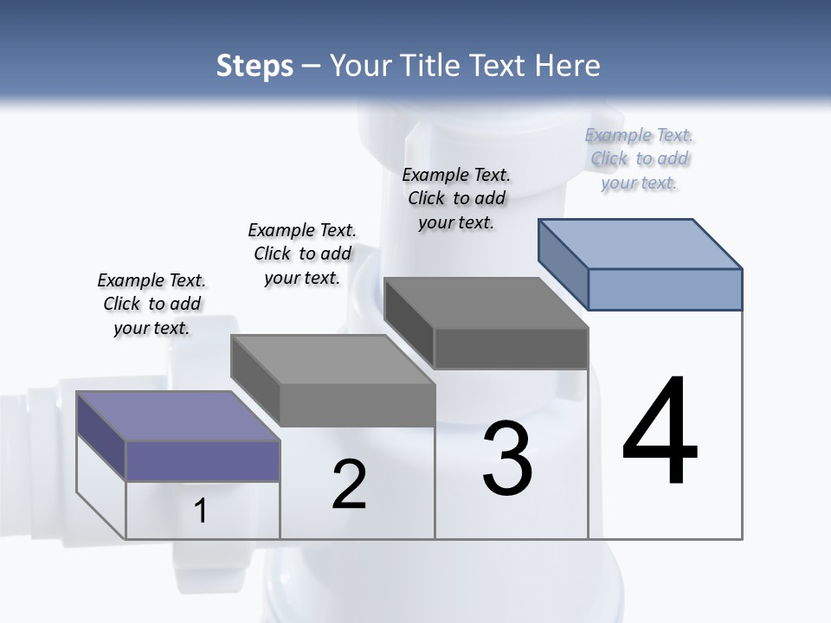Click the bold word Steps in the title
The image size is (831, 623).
click(254, 66)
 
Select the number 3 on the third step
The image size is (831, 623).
click(507, 458)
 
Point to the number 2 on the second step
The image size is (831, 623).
click(349, 485)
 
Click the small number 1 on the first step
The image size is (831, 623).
click(201, 511)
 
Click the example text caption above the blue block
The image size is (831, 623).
click(639, 158)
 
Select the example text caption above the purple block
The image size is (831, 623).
click(151, 304)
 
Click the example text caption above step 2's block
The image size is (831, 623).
click(302, 254)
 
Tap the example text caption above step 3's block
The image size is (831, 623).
click(456, 198)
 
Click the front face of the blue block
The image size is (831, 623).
click(665, 289)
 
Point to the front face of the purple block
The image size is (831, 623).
click(203, 460)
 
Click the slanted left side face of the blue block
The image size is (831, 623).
click(563, 263)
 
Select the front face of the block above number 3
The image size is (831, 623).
click(511, 348)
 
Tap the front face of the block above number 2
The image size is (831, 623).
click(357, 405)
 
